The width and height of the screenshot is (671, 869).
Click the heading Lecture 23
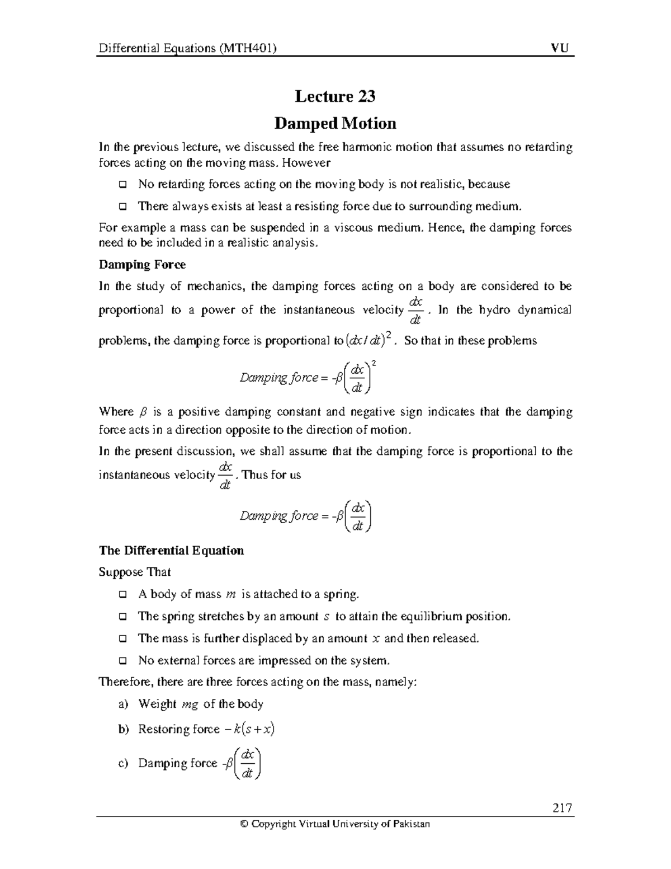(x=335, y=97)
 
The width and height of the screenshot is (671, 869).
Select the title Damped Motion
(x=335, y=124)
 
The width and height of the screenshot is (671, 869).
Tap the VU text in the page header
(x=560, y=48)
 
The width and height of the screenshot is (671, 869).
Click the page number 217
(x=561, y=808)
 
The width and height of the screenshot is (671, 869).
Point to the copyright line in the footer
(x=335, y=824)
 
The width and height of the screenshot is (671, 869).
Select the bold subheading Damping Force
(x=142, y=264)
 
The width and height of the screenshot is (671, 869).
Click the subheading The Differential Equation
(x=171, y=551)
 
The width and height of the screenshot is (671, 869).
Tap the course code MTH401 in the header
(x=247, y=48)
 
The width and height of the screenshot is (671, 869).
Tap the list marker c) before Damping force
(x=124, y=764)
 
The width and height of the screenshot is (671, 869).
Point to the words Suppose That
(x=135, y=572)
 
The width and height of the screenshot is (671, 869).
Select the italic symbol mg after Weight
(x=191, y=704)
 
